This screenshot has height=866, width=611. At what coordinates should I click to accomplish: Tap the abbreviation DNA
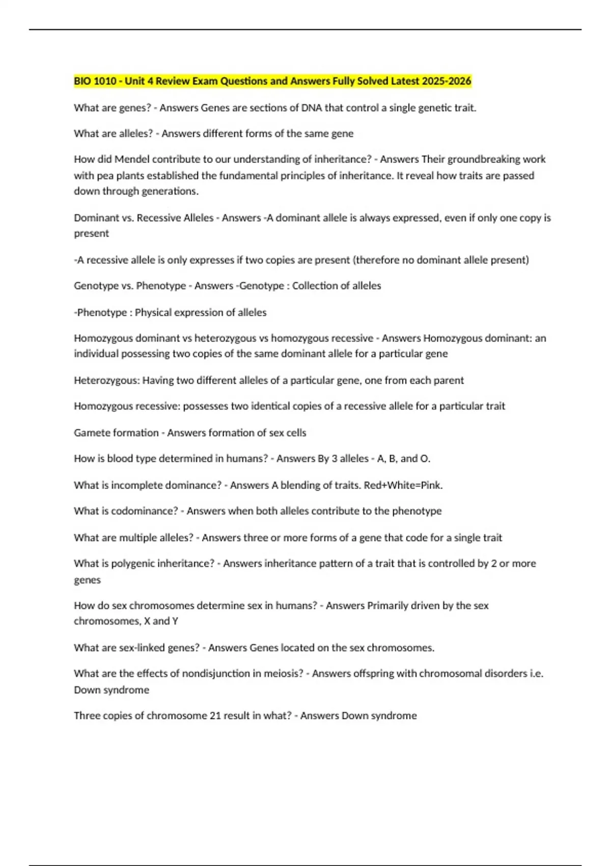point(312,107)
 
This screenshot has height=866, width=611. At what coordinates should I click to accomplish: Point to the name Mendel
point(132,159)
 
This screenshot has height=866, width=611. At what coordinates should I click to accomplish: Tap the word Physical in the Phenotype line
point(153,312)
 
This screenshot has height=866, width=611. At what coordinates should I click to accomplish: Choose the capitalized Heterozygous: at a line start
point(106,381)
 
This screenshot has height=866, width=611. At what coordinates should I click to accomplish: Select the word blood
point(127,458)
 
